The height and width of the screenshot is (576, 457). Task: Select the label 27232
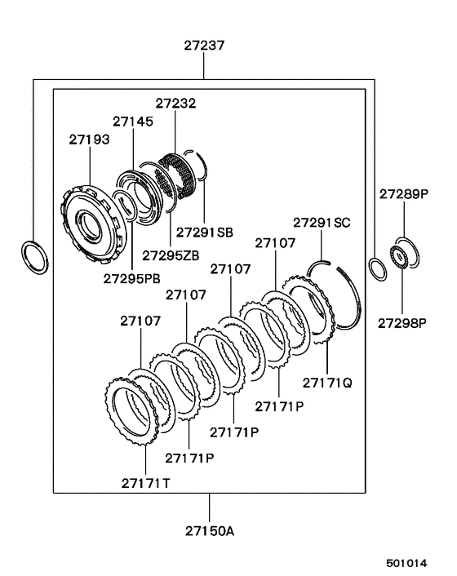[x=175, y=104]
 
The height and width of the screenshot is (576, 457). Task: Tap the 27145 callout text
[x=133, y=122]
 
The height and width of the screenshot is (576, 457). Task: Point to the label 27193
[x=88, y=140]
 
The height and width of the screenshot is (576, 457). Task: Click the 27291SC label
[x=322, y=221]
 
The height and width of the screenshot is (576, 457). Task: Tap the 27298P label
[x=403, y=322]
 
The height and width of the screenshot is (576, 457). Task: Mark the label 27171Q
[x=329, y=381]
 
